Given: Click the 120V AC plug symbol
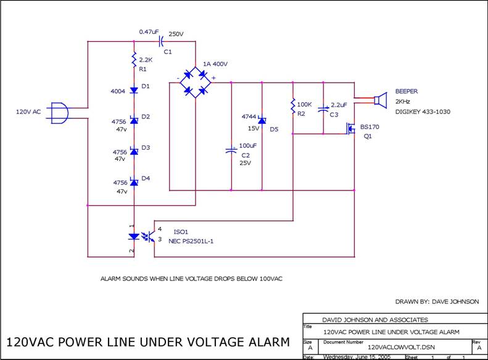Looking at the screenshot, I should coord(57,112).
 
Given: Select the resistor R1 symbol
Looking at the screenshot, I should coord(134,60).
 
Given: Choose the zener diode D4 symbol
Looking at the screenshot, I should coord(134,182).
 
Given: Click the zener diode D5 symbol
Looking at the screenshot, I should coord(262,121).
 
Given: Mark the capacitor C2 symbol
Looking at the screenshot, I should coord(231,149).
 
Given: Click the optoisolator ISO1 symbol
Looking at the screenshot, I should coord(141,236).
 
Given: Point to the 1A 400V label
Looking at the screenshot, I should coord(215,64).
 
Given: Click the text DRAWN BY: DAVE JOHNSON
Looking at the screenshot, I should coord(436,301).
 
